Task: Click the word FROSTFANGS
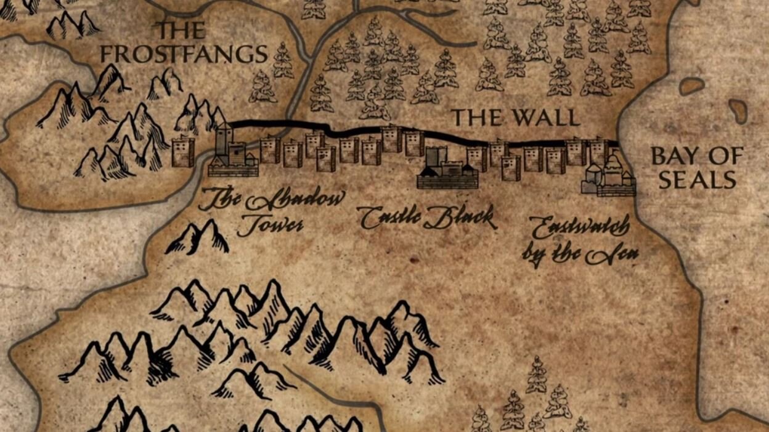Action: pos(184,54)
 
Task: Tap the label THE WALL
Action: pos(516,117)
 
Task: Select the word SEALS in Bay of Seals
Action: pos(697,180)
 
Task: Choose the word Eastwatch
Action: pos(581,228)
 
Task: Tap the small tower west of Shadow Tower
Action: pos(182,152)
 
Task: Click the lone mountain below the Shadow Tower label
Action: pos(198,237)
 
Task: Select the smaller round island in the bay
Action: pos(692,86)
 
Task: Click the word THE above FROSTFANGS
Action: pos(182,30)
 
